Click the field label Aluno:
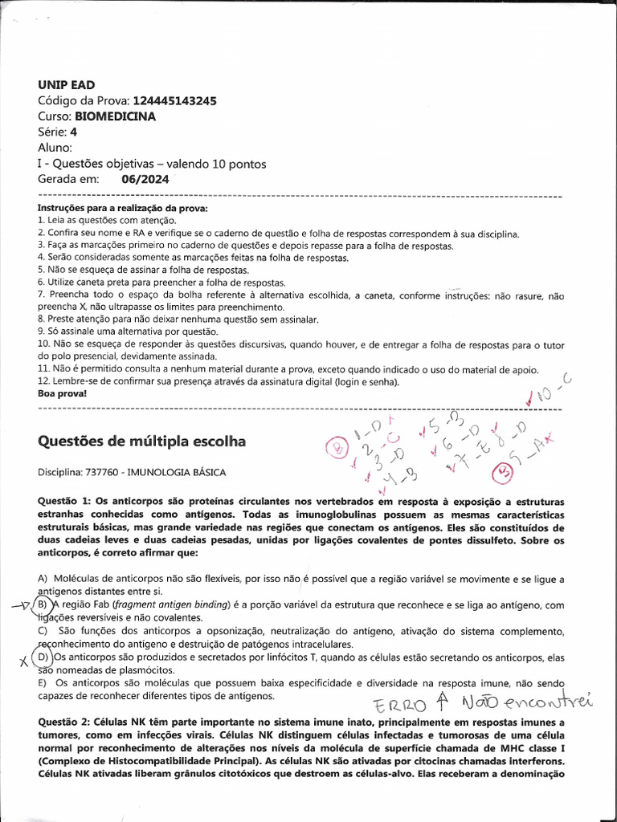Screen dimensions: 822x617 (x=55, y=148)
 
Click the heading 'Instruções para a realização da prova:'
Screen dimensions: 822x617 (x=122, y=209)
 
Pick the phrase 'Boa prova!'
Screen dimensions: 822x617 (x=62, y=395)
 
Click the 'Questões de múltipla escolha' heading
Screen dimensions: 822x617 (x=142, y=442)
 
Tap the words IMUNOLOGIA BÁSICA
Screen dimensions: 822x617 (x=183, y=472)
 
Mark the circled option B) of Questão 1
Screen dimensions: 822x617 (x=43, y=604)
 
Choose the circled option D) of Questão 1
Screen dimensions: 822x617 (x=43, y=657)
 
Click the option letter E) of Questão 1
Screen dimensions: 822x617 (x=42, y=682)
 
